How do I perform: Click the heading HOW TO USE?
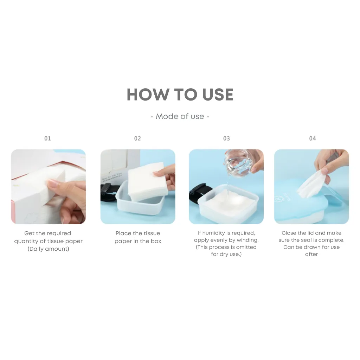(x=180, y=94)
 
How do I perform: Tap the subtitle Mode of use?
(x=180, y=116)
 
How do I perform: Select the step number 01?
(x=47, y=139)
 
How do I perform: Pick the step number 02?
(x=137, y=139)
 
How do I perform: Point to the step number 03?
(x=226, y=139)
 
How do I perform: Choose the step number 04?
(x=313, y=139)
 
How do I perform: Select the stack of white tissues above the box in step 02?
(x=147, y=181)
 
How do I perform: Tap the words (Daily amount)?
(x=48, y=249)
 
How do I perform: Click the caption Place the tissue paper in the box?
(x=138, y=237)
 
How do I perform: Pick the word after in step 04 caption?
(x=311, y=254)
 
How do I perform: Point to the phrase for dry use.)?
(x=226, y=254)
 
